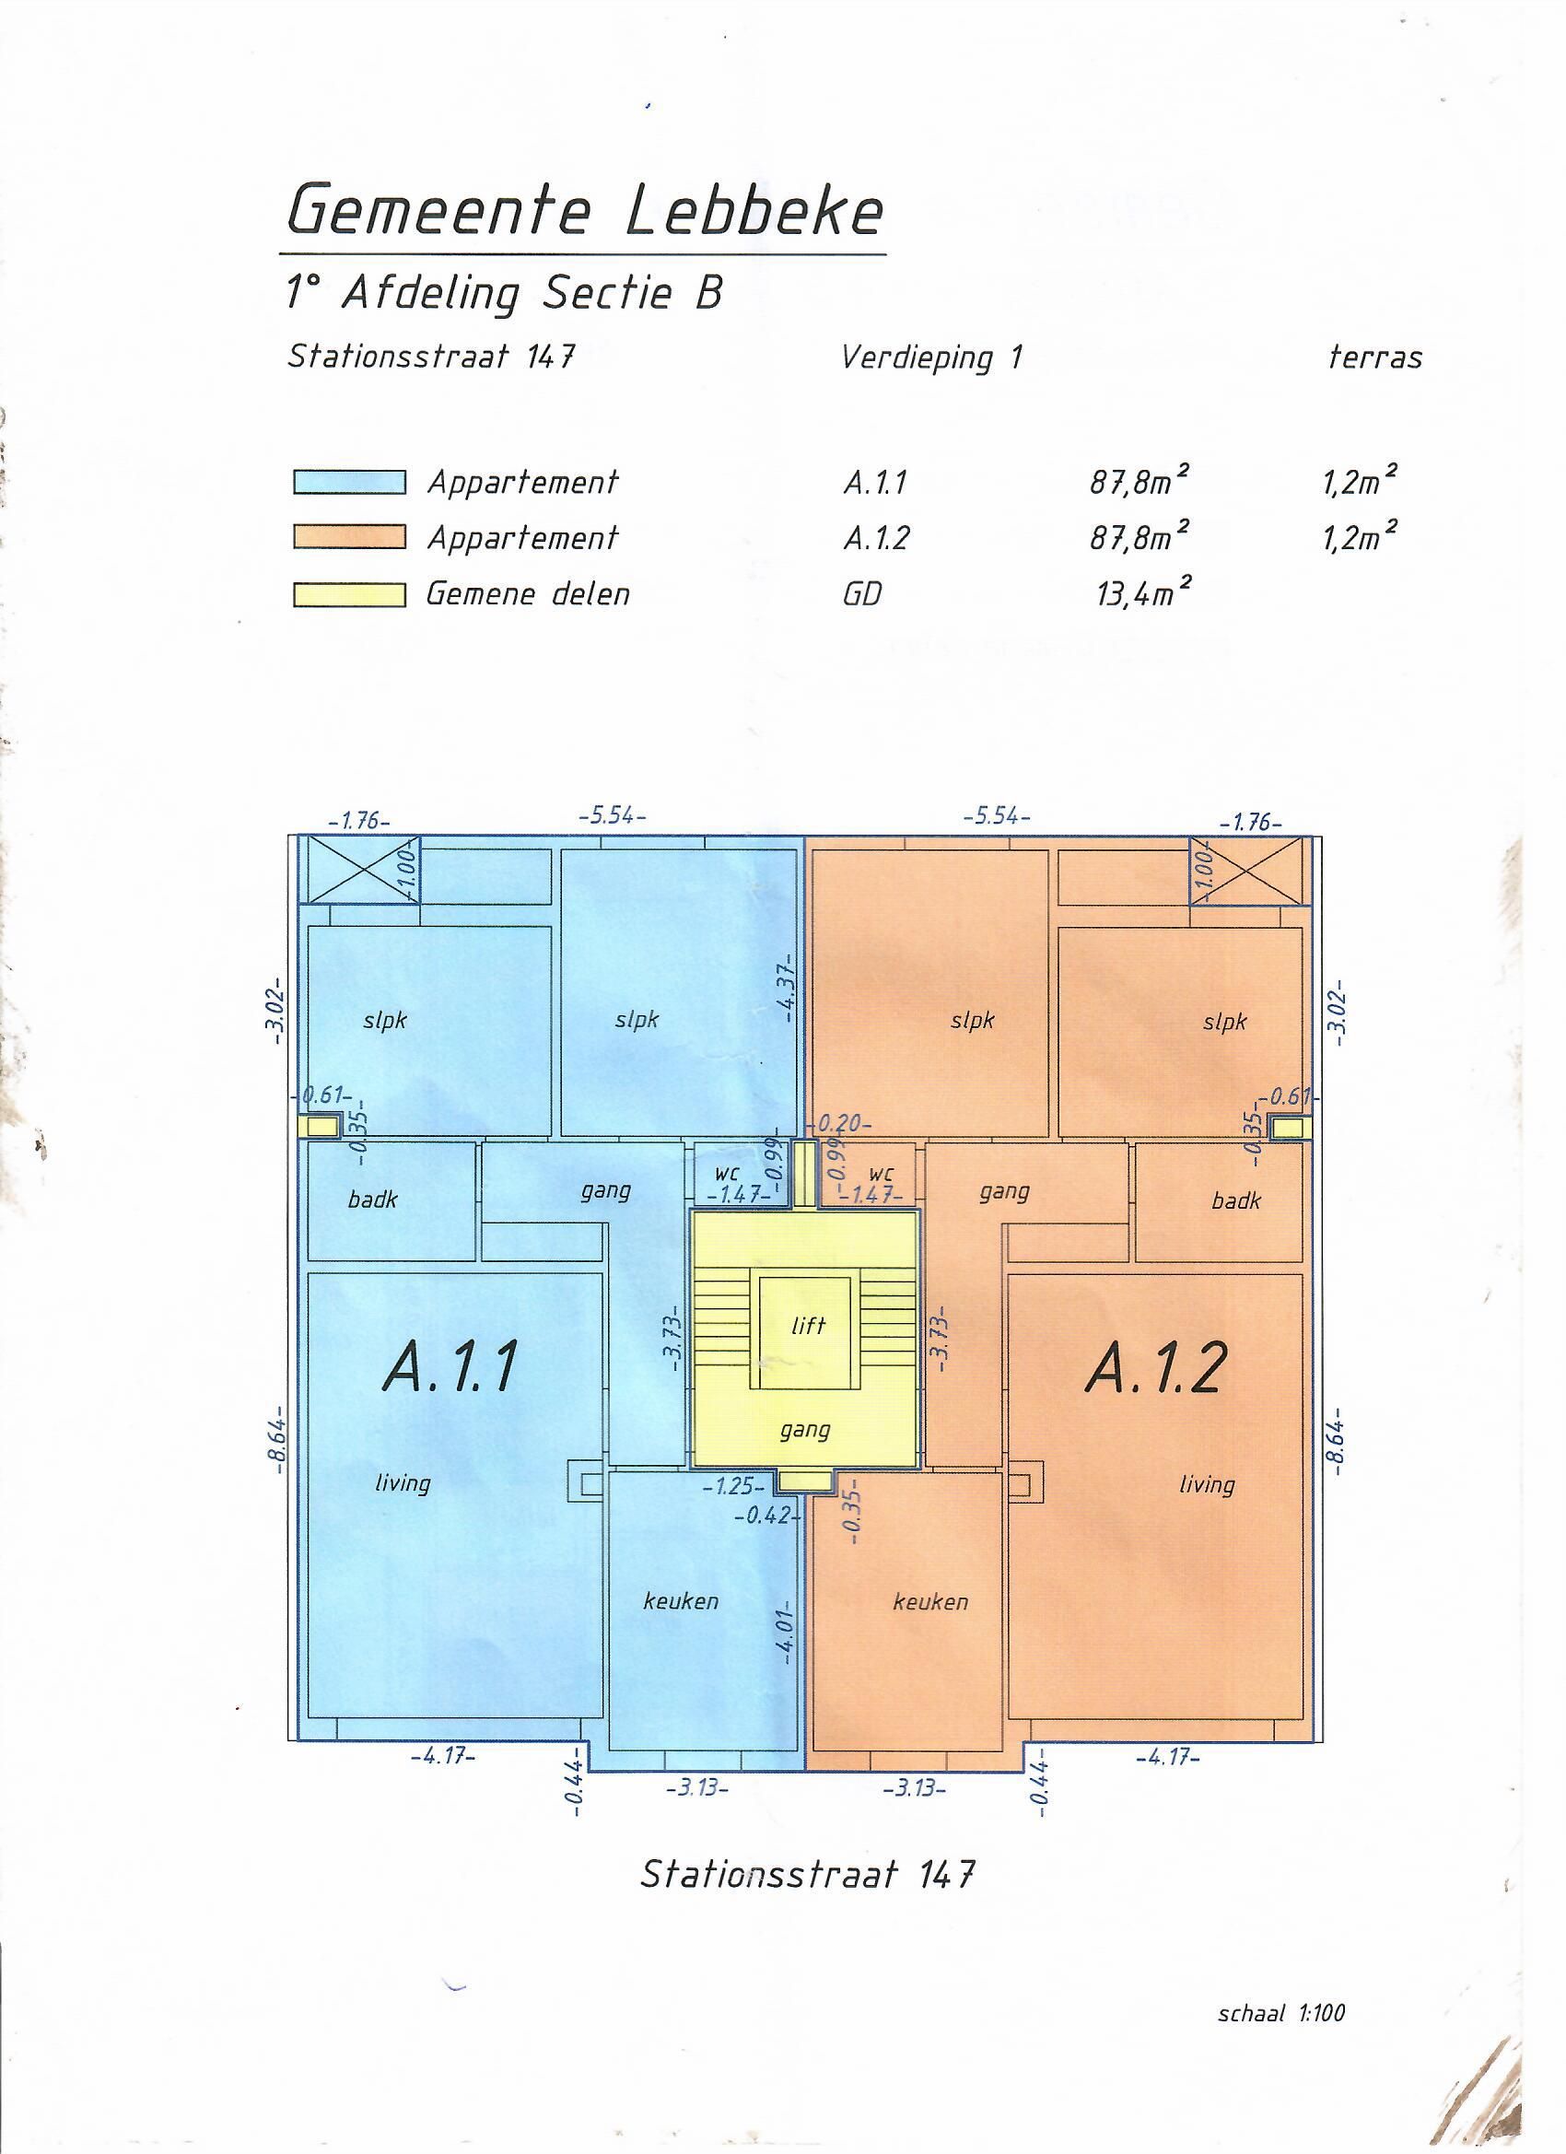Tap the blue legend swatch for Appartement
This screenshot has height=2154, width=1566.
(349, 484)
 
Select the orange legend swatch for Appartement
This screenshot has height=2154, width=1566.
(349, 538)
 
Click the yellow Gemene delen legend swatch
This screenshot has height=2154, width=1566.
(349, 594)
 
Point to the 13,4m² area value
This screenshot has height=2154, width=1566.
(1143, 591)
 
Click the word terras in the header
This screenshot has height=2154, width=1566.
(1375, 358)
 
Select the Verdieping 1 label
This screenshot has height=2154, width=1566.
(931, 359)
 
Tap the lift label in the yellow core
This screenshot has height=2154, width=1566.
(808, 1325)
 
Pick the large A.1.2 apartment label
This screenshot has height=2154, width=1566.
(1155, 1368)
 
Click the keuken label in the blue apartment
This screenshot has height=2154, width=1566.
(681, 1601)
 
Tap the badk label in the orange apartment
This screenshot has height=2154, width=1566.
(1235, 1201)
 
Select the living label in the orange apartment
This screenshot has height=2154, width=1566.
(1206, 1484)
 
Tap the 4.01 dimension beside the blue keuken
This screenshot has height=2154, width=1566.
(788, 1629)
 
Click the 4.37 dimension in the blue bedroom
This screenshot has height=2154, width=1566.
(787, 990)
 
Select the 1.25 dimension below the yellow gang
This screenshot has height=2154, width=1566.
(734, 1486)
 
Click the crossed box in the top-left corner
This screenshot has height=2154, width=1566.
(359, 870)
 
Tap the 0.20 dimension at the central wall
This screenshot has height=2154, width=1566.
(839, 1124)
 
